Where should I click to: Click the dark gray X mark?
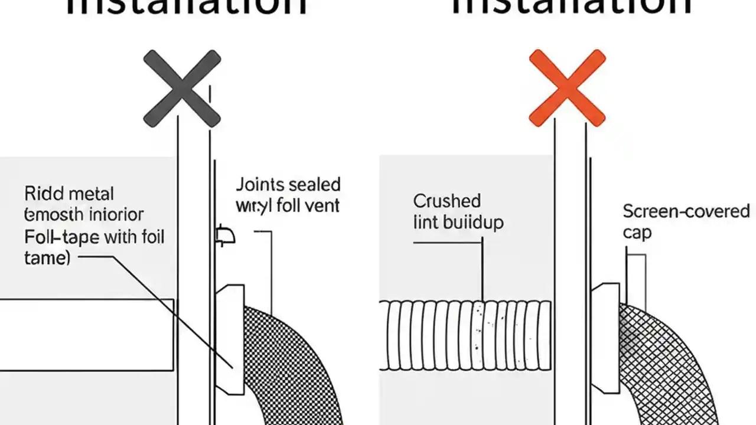[182, 89]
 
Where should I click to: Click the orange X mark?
[567, 88]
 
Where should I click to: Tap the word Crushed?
[447, 201]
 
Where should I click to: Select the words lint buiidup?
[458, 223]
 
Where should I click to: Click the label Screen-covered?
[686, 211]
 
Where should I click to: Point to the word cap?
[637, 233]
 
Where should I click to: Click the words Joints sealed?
[288, 185]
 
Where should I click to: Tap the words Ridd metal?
[69, 194]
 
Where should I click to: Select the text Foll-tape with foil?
[94, 238]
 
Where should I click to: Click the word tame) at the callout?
[47, 258]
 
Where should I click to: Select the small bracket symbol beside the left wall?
[226, 236]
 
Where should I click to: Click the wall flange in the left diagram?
[230, 339]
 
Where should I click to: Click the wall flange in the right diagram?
[605, 336]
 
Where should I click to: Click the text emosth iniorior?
[83, 215]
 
